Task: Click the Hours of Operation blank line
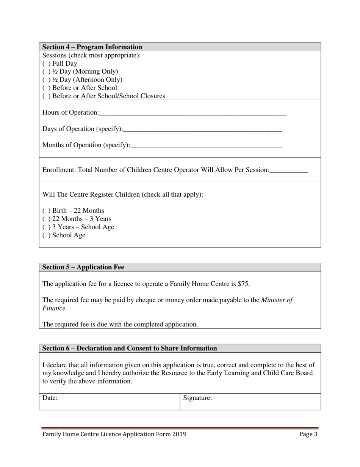tap(193, 113)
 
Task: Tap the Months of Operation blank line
tap(206, 146)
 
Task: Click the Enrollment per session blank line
tap(289, 170)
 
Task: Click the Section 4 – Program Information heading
tap(92, 47)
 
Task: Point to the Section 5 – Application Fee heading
tap(83, 267)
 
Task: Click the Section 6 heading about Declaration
tap(130, 349)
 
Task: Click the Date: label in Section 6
tap(50, 398)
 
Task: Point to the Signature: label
tap(197, 398)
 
